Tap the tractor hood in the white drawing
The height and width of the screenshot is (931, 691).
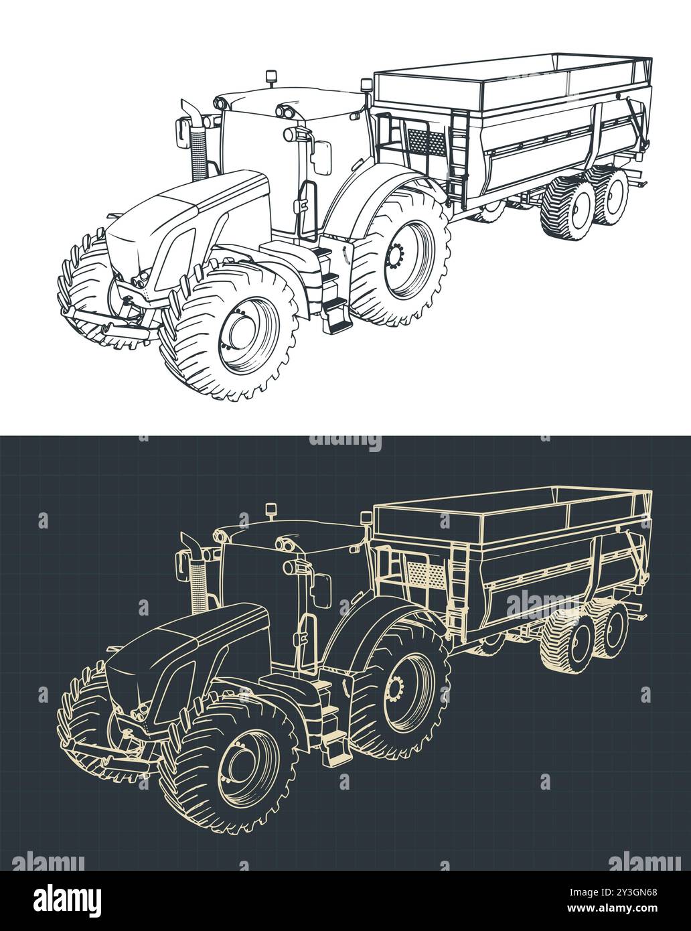pos(194,201)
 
